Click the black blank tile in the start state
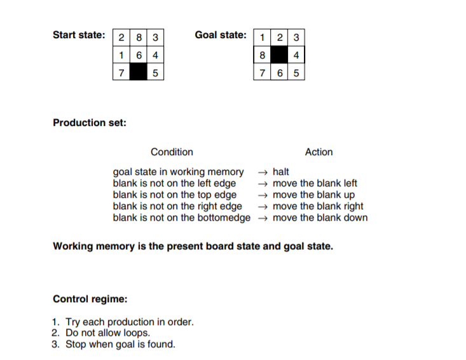coord(139,73)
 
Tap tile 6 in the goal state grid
coord(278,73)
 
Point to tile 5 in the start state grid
coord(154,73)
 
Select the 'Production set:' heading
coord(89,122)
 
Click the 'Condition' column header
coord(172,152)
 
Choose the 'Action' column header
coord(319,152)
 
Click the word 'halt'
coord(281,172)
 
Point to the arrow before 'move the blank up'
coord(263,195)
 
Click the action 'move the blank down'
coord(320,218)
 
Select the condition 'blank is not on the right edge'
coord(177,206)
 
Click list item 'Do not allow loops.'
coord(109,333)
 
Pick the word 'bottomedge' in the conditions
coord(228,218)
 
